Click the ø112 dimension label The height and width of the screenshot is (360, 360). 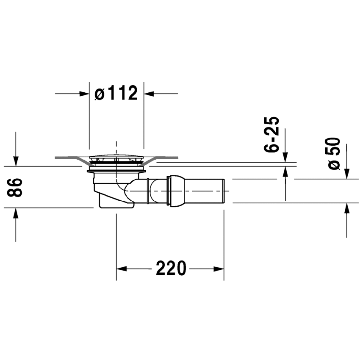(116, 93)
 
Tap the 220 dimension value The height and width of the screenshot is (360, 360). (171, 268)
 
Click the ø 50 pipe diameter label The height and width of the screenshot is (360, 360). (334, 154)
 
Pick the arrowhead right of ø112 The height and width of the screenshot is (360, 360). (149, 94)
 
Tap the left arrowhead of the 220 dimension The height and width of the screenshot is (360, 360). (122, 269)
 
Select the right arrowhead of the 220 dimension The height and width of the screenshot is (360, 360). (219, 269)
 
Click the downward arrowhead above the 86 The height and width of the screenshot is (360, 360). (16, 161)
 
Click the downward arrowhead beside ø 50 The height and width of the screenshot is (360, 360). (347, 174)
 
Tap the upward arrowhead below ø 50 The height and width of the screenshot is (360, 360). (347, 208)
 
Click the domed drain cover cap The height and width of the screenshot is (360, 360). (116, 158)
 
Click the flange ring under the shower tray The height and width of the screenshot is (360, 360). (116, 171)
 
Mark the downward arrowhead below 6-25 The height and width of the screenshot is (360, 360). (285, 157)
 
